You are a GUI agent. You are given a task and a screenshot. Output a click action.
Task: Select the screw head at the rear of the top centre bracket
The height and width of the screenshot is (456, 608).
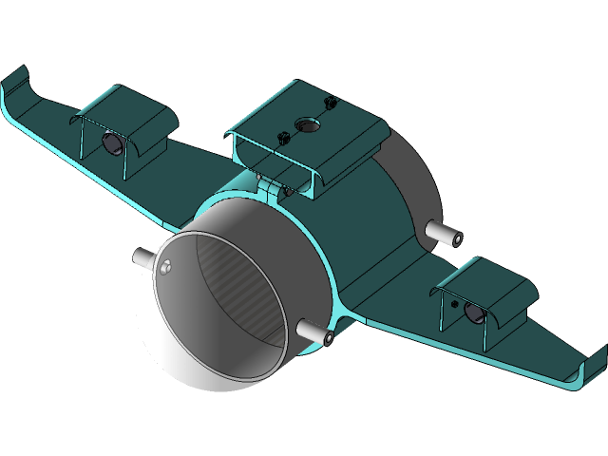point(330,100)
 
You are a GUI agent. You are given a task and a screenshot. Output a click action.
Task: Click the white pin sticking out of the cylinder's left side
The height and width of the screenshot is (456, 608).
point(142,255)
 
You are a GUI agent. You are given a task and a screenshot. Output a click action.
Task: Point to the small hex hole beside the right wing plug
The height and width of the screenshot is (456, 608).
point(454,304)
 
